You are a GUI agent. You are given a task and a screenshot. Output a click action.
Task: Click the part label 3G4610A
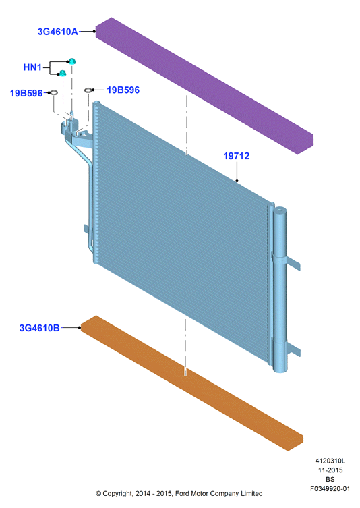[57, 32]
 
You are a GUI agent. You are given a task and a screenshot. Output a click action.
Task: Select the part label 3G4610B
[40, 328]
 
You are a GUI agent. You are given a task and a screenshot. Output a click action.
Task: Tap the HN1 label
[32, 67]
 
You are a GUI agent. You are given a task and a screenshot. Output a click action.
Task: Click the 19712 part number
[237, 156]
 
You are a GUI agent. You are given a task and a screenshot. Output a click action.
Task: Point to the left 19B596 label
[26, 93]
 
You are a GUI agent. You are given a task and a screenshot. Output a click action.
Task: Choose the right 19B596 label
[123, 90]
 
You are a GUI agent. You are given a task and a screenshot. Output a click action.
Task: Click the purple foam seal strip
[204, 86]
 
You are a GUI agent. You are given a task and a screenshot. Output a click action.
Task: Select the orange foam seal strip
[192, 383]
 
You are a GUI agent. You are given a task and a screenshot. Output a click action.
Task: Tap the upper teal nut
[72, 61]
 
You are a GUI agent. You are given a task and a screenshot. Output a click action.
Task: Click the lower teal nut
[63, 73]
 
